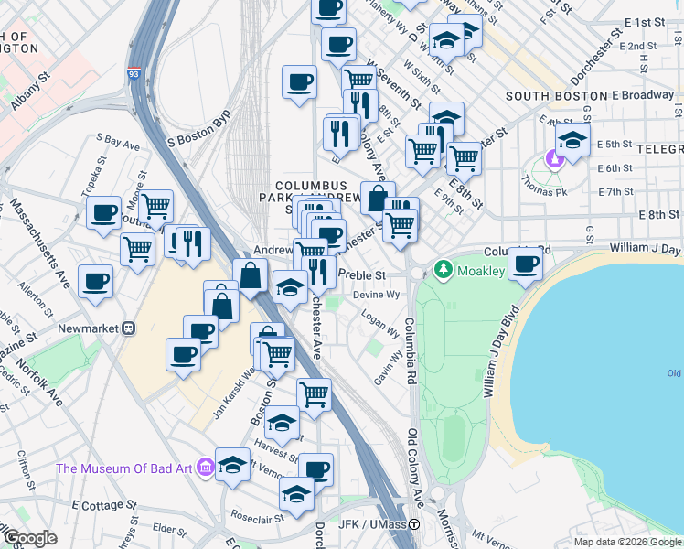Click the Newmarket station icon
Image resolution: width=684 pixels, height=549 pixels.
[x=129, y=328]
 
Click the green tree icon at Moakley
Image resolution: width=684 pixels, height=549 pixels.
[x=444, y=269]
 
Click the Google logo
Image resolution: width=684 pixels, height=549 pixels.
[x=30, y=537]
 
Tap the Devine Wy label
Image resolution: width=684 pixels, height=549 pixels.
[x=378, y=295]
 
